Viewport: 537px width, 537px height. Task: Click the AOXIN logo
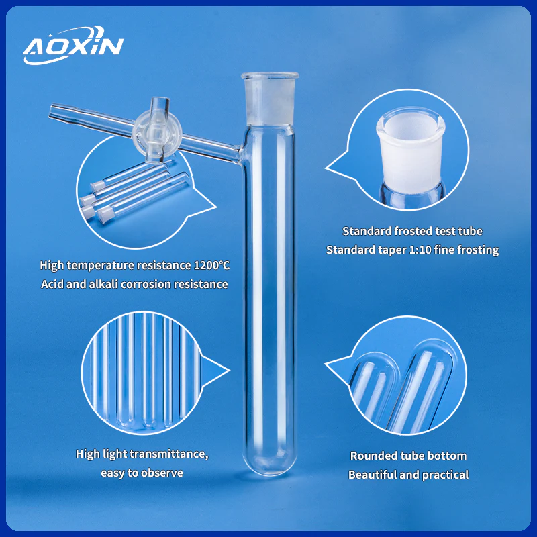point(73,45)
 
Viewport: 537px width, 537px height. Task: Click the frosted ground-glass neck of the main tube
point(270,99)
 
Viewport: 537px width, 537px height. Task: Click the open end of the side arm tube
point(52,111)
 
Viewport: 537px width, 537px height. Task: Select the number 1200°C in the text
point(211,265)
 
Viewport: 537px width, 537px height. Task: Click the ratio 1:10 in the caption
point(420,250)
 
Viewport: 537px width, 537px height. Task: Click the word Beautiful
point(373,475)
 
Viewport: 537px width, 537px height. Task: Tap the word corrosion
point(146,284)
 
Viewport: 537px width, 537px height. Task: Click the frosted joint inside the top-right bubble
point(411,150)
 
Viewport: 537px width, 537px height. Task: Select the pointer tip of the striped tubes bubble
point(229,371)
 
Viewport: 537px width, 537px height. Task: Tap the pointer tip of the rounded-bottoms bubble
point(326,364)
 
